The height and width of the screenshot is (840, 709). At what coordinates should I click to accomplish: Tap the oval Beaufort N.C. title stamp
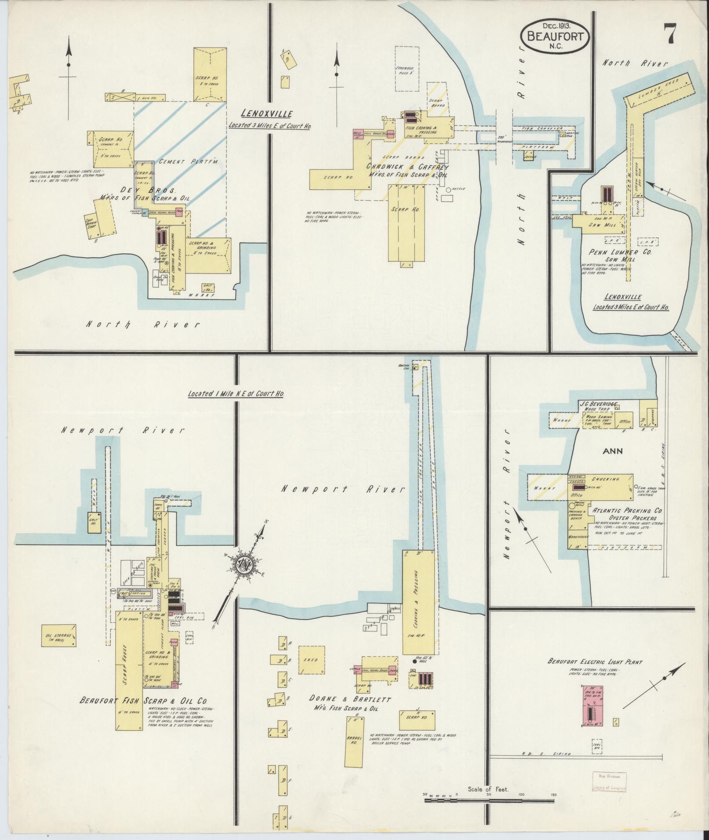(554, 36)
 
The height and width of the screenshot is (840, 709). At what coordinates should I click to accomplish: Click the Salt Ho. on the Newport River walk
(94, 522)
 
